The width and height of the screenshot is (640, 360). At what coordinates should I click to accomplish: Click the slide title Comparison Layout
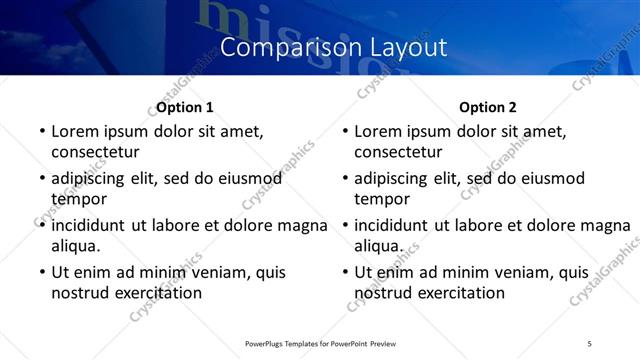click(x=333, y=47)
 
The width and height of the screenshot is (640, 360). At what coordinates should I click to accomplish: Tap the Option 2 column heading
click(x=488, y=107)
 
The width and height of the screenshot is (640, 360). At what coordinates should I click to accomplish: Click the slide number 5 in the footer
click(x=589, y=344)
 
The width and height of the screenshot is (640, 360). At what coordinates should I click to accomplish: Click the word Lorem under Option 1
click(x=76, y=131)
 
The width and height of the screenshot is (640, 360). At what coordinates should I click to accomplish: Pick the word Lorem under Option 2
click(x=379, y=131)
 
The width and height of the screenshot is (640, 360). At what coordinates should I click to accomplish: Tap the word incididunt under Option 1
click(x=96, y=225)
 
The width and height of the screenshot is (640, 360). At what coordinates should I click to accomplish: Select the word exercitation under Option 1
click(x=157, y=292)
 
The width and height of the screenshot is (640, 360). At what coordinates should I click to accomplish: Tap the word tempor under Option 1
click(x=77, y=198)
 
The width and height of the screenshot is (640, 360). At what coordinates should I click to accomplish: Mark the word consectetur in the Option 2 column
click(x=398, y=151)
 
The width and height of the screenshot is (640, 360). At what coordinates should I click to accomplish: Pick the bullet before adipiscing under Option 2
click(x=344, y=179)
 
